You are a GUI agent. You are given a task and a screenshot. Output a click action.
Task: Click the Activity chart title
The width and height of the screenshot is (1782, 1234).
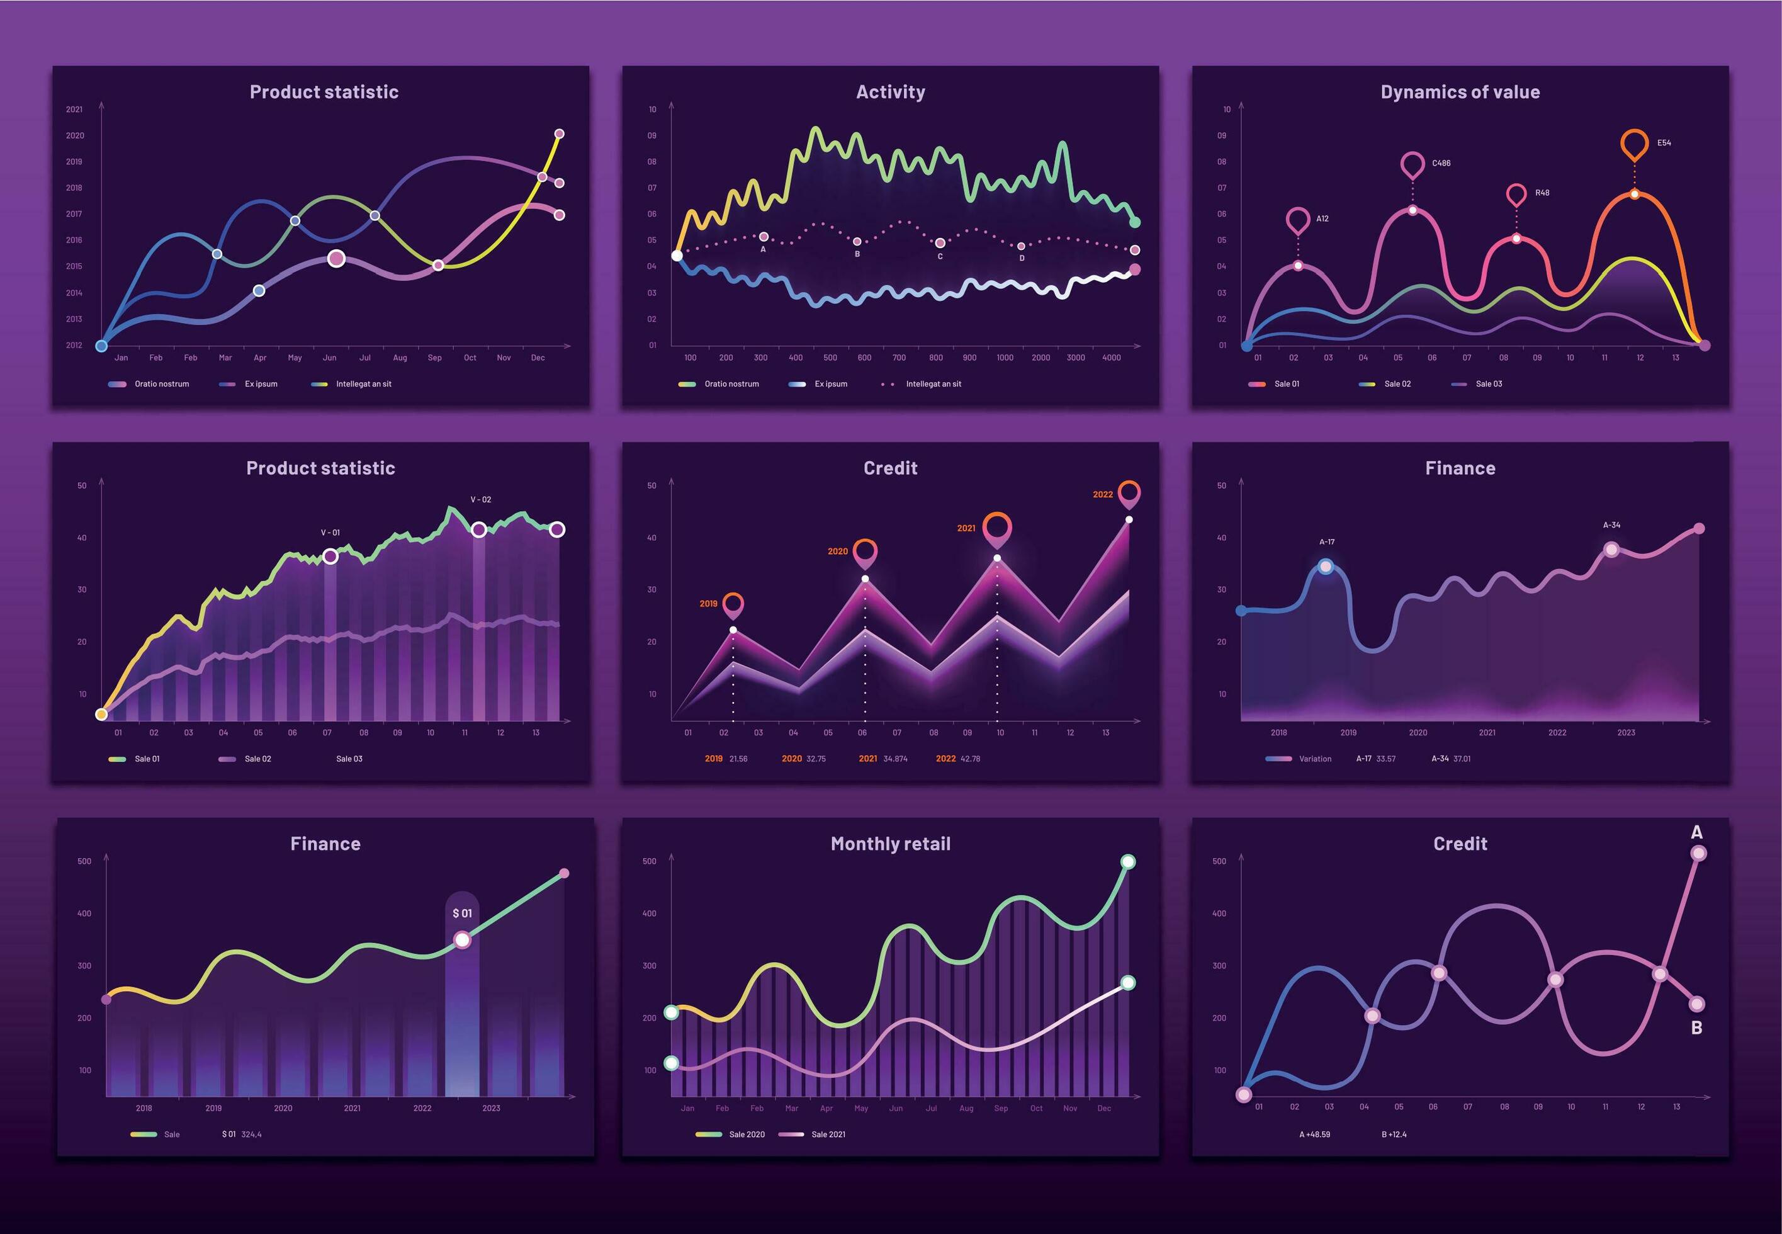pos(890,92)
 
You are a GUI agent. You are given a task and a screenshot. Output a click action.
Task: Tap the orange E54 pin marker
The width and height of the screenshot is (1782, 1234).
pos(1634,144)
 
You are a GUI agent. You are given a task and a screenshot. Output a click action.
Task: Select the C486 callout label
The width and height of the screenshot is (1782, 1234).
pos(1441,163)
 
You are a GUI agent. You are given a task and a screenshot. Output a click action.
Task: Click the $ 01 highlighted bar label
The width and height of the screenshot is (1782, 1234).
pos(461,913)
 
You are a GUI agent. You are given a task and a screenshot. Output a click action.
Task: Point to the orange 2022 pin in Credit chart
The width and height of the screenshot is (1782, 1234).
pos(1129,492)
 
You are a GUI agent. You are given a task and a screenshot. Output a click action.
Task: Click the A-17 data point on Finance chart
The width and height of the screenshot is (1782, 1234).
pos(1326,567)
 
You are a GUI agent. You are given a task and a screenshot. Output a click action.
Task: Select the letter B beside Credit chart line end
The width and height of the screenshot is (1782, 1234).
pos(1696,1027)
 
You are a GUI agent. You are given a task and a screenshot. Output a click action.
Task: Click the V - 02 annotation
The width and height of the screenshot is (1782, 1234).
pos(480,499)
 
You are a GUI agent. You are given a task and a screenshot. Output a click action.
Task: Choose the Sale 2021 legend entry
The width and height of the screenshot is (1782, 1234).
pos(827,1135)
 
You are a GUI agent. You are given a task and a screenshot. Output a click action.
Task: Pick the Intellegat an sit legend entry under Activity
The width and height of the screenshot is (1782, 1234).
pos(932,383)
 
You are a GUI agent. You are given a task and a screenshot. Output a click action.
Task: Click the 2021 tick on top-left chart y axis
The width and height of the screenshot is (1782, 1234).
pos(74,109)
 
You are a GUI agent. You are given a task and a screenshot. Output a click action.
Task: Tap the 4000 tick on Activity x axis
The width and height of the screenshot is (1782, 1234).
pos(1111,358)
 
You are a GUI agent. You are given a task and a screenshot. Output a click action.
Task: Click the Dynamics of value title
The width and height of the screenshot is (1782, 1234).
pos(1460,92)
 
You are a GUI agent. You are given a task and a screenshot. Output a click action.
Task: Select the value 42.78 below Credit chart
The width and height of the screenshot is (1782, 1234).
pos(969,759)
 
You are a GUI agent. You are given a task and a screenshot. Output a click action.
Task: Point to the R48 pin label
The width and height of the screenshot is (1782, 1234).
pos(1542,193)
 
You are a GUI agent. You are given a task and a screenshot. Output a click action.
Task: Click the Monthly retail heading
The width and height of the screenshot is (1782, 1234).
pos(890,844)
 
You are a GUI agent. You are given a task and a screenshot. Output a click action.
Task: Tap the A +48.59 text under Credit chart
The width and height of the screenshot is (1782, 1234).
pos(1314,1135)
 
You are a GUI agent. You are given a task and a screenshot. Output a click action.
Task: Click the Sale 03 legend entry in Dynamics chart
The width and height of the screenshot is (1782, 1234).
pos(1487,383)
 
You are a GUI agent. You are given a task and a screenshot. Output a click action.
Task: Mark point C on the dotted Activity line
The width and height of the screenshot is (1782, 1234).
pos(939,243)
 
